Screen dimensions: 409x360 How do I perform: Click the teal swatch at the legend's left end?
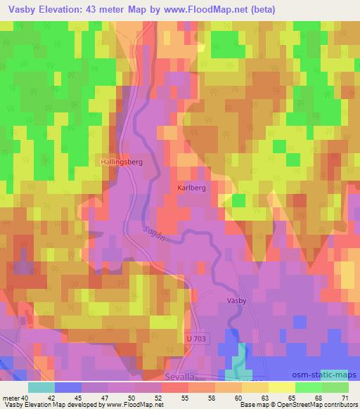pyautogui.click(x=41, y=387)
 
